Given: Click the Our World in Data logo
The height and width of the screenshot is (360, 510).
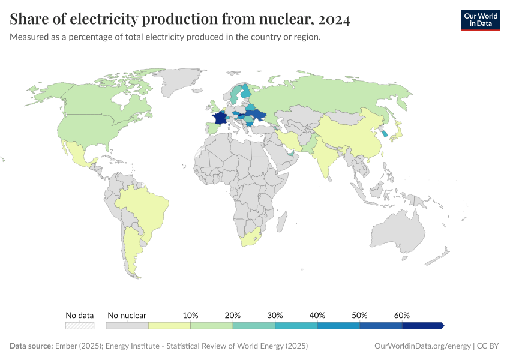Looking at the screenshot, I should tap(480, 20).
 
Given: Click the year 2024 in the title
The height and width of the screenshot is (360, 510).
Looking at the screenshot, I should tap(331, 20).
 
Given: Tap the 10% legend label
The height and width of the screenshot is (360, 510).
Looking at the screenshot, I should tap(190, 315).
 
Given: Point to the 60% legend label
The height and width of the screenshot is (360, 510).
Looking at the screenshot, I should tap(402, 315).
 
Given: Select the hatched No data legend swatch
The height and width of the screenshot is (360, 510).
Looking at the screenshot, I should tap(80, 325).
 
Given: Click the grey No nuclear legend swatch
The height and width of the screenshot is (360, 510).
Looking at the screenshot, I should tap(127, 325).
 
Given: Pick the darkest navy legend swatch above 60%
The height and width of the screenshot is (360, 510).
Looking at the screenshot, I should tap(422, 325).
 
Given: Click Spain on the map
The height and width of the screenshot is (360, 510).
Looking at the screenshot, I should tap(211, 128).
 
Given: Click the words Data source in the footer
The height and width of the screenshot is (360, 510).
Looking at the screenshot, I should tap(31, 346).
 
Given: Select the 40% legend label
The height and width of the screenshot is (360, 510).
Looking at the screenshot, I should tap(317, 315).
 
